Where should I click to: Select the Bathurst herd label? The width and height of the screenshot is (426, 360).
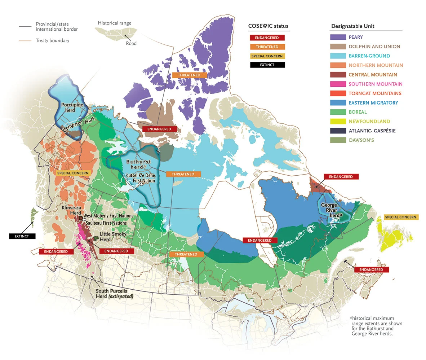138,164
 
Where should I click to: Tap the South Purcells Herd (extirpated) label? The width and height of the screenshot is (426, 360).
114,293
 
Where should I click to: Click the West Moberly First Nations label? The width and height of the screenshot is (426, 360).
108,216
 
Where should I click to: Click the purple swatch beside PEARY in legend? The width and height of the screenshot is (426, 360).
338,37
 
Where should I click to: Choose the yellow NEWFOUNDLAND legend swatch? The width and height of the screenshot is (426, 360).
338,122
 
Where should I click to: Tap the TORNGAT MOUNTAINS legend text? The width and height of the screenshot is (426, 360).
375,93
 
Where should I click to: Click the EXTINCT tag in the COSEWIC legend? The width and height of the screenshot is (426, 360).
267,65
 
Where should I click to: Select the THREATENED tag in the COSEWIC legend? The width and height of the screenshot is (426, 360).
267,47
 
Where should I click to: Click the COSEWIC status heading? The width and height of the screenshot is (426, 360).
268,26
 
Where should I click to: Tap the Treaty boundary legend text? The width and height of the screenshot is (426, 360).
52,41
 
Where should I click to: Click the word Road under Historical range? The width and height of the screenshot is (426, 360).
131,44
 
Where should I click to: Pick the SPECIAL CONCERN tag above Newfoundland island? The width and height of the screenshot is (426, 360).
400,217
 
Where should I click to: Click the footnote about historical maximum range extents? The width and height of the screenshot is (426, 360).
376,326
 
